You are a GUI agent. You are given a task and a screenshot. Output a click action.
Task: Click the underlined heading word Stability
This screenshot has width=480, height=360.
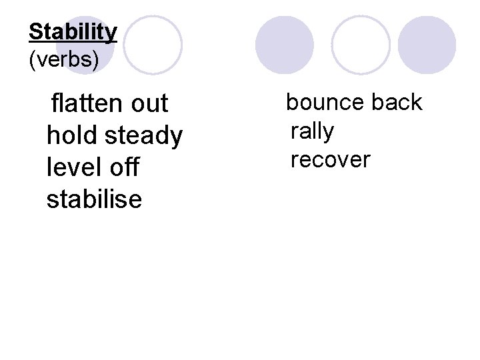tap(73, 32)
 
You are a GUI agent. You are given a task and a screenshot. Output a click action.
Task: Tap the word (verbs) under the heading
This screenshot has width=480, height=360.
tap(64, 60)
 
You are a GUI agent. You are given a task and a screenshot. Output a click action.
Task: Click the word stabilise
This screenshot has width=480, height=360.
tap(94, 199)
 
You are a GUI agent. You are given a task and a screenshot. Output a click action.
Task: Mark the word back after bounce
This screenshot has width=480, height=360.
tap(397, 103)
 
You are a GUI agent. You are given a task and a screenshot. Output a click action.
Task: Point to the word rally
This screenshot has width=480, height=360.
tap(312, 131)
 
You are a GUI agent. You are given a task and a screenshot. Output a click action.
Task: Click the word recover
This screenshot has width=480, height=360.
tap(330, 160)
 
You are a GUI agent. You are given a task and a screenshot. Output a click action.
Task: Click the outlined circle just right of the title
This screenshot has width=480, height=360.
tap(153, 45)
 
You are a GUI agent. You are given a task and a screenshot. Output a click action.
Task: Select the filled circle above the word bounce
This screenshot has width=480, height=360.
tap(285, 45)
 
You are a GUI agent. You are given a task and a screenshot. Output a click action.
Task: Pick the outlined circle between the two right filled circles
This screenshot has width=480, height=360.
tap(361, 45)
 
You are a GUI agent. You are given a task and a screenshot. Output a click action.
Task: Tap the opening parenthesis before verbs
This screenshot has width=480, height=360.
tap(32, 60)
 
